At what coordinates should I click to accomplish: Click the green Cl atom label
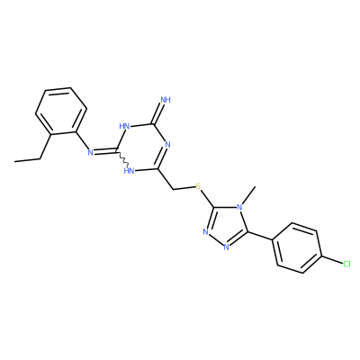click(346, 264)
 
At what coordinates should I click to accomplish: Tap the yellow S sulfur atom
click(198, 187)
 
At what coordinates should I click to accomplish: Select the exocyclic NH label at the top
click(166, 100)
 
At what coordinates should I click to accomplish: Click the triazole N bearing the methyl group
click(239, 207)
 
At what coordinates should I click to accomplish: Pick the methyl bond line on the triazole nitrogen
click(248, 194)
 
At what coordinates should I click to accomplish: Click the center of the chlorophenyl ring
click(297, 247)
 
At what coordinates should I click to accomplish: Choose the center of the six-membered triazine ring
click(142, 147)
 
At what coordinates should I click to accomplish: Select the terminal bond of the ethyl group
click(27, 159)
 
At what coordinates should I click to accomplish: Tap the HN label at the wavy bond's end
click(129, 171)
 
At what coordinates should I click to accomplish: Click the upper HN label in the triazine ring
click(124, 126)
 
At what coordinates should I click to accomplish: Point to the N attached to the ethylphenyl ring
click(90, 153)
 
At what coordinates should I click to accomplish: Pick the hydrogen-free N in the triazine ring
click(167, 145)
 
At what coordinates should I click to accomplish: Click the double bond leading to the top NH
click(159, 113)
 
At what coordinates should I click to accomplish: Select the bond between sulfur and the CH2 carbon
click(184, 188)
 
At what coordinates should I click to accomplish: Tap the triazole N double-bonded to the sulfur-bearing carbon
click(205, 232)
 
